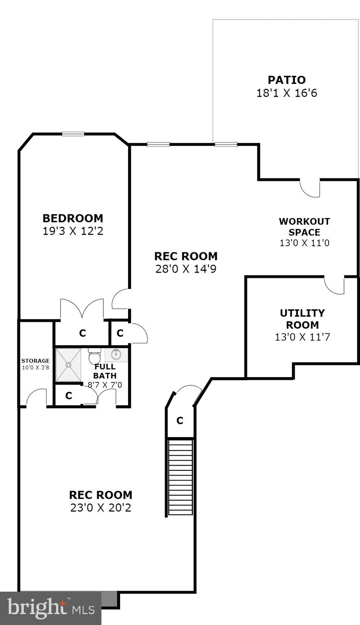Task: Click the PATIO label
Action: [x=286, y=80]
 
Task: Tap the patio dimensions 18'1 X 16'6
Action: [x=286, y=93]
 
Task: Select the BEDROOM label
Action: [x=73, y=218]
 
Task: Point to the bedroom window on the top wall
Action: [x=73, y=134]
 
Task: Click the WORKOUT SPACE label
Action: [x=304, y=227]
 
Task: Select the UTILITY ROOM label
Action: [x=302, y=319]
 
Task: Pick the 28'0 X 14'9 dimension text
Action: [x=185, y=269]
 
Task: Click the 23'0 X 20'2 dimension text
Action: [x=100, y=508]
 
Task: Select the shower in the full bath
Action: [x=68, y=365]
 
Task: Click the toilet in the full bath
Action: [x=94, y=356]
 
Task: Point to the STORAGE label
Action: [x=35, y=361]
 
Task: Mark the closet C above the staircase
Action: [x=180, y=421]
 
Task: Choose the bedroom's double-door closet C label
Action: [x=83, y=333]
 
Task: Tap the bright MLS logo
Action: [x=50, y=608]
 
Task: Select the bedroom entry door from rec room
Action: [x=121, y=299]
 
